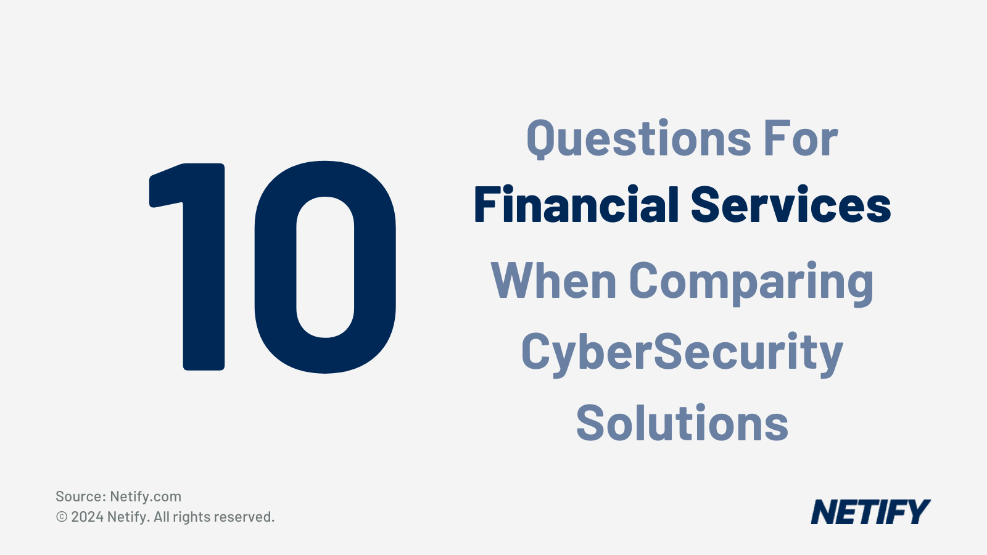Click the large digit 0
[x=325, y=266]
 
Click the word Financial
[x=576, y=205]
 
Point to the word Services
[x=791, y=205]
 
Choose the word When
[x=553, y=281]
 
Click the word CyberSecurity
[x=682, y=353]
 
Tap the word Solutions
[x=682, y=424]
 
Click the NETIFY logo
[x=870, y=512]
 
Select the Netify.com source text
[x=146, y=496]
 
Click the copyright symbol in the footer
[x=62, y=517]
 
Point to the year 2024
[x=87, y=517]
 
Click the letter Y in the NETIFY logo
[x=917, y=512]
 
